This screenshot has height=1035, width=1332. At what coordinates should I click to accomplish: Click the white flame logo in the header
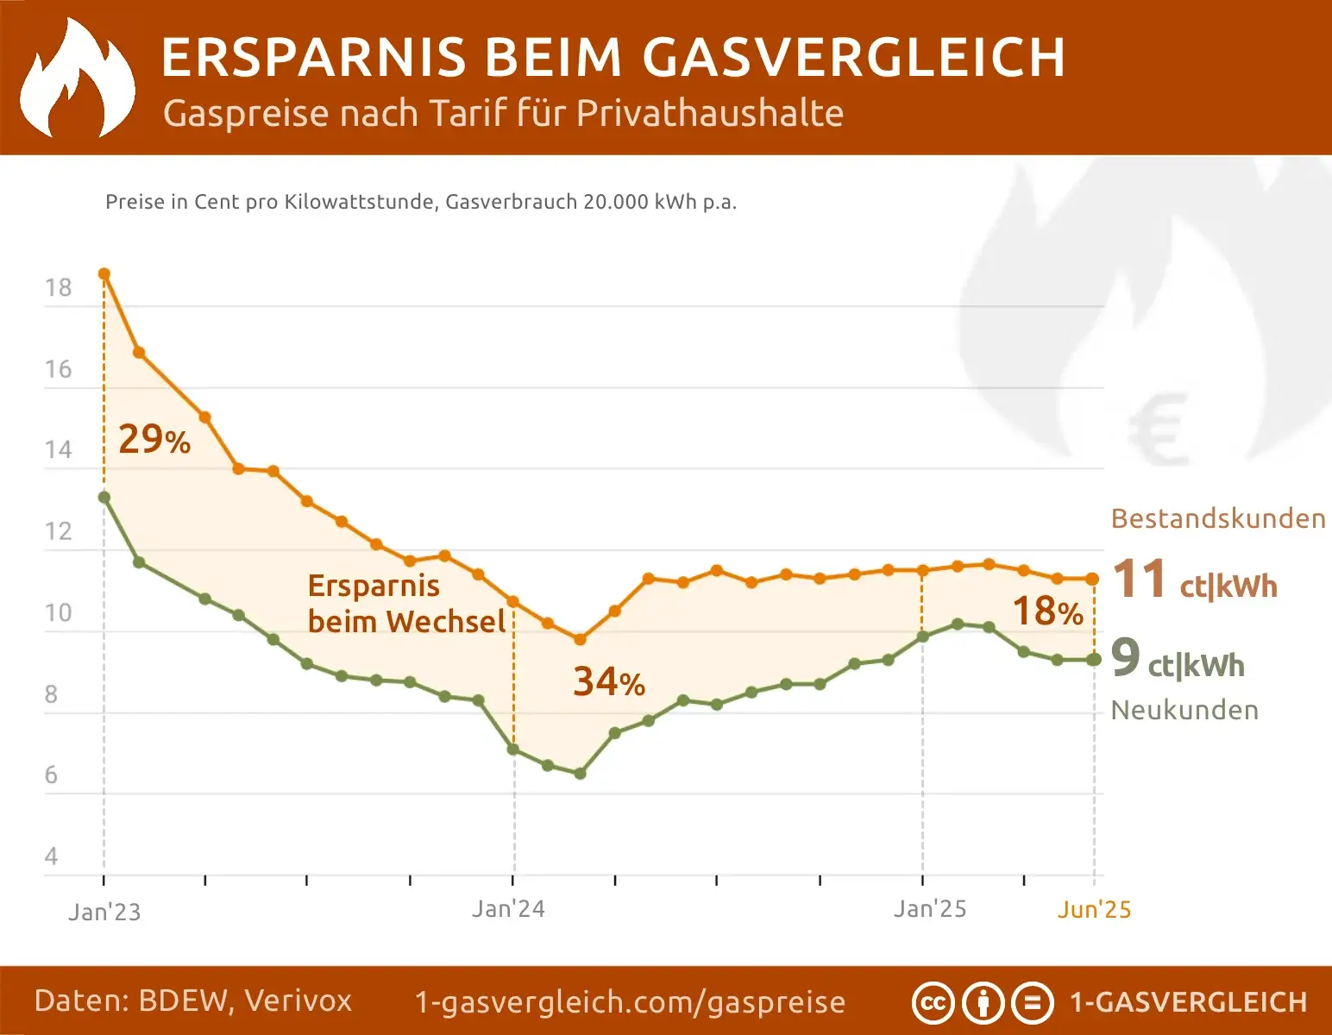coord(78,79)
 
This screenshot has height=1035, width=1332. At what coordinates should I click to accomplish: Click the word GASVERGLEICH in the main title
coord(853,58)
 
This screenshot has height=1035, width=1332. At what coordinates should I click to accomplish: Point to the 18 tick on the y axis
coord(59,288)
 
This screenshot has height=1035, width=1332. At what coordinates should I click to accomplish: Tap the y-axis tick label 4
coord(52,856)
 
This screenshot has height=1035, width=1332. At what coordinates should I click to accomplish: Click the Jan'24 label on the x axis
coord(508,909)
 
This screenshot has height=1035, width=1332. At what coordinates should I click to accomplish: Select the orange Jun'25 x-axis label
coord(1094,910)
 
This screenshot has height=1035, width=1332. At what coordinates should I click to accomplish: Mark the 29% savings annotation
coord(154,439)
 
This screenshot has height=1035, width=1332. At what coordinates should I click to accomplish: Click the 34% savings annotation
coord(608,682)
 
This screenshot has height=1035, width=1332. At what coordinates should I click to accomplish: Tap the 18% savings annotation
coord(1047,612)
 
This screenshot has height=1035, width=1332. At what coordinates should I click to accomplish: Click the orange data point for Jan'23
coord(104,274)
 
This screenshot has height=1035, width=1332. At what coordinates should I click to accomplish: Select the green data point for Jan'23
coord(104,498)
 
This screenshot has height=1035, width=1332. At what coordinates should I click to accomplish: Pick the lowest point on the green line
coord(580,774)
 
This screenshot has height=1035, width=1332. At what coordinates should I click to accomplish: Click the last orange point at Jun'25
coord(1093,580)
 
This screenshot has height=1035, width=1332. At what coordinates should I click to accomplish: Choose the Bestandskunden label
coord(1217,518)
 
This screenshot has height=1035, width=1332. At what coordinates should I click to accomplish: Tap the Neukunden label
coord(1184,710)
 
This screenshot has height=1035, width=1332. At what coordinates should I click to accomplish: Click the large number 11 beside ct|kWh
coord(1139,579)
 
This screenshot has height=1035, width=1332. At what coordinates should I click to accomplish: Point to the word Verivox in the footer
coord(298,1000)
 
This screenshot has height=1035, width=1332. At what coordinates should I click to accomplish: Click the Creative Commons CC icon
coord(933,1003)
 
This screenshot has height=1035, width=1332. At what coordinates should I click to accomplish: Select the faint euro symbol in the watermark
coord(1158,430)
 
